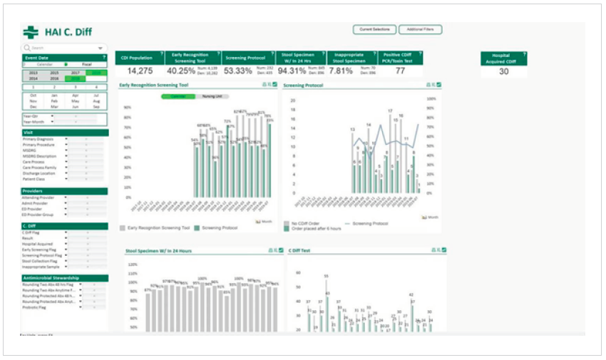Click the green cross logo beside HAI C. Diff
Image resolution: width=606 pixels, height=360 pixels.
tap(30, 32)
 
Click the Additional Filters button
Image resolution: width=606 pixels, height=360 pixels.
tap(421, 29)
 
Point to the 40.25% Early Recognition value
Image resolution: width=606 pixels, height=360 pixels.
tap(181, 71)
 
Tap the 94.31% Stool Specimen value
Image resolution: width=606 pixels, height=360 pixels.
tap(292, 71)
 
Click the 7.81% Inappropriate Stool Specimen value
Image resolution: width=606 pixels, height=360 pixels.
tap(341, 71)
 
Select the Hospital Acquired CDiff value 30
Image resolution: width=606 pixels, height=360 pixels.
tap(503, 71)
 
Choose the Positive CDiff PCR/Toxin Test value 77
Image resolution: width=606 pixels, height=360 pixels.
tap(400, 71)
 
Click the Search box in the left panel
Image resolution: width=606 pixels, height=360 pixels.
tap(63, 48)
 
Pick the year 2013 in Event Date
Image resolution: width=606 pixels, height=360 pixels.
tap(33, 73)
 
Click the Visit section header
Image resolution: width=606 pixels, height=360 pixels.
tap(64, 133)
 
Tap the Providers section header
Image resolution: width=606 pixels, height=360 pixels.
tap(64, 191)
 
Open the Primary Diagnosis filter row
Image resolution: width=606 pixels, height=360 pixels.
tap(43, 139)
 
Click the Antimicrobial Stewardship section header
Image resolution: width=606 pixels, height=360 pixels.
tap(64, 278)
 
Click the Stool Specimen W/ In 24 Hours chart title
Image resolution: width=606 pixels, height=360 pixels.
tap(157, 251)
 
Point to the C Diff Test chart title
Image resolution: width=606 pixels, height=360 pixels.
tap(299, 251)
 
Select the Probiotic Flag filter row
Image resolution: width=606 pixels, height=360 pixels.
tap(38, 307)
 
